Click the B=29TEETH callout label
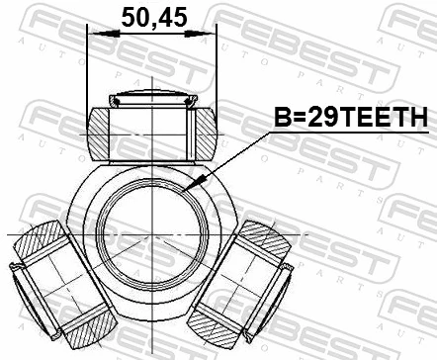pyautogui.click(x=351, y=118)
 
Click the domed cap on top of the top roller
pyautogui.click(x=153, y=98)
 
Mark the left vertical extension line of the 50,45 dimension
pyautogui.click(x=88, y=69)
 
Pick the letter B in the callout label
pyautogui.click(x=282, y=118)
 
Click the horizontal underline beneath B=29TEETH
pyautogui.click(x=351, y=133)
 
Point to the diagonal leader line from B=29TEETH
pyautogui.click(x=232, y=159)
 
